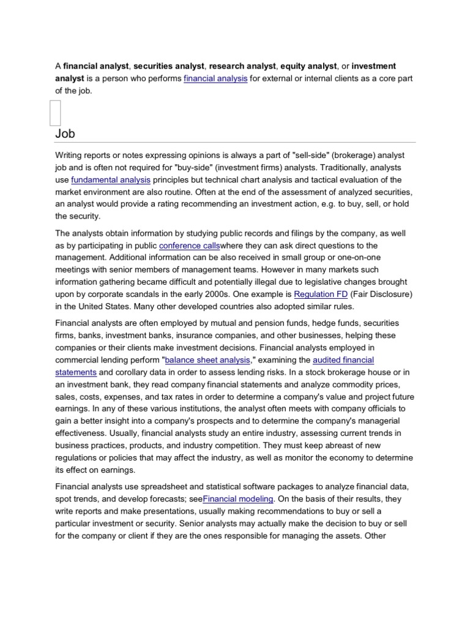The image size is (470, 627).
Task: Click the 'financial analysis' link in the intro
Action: (215, 78)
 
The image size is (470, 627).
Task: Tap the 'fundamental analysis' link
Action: (111, 179)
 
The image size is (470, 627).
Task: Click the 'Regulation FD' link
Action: (321, 293)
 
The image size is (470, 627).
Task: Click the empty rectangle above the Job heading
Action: (55, 113)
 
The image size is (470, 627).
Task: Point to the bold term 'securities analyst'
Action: (170, 66)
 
